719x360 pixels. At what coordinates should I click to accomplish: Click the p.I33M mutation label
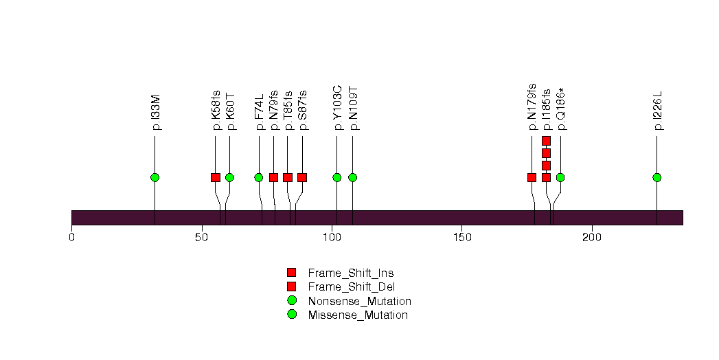coord(157,113)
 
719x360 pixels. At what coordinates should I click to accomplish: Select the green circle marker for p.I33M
coord(155,177)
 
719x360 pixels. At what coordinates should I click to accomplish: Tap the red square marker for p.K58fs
coord(216,177)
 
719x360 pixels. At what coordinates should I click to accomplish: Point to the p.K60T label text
coord(231,112)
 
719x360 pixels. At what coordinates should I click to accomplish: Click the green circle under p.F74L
coord(259,177)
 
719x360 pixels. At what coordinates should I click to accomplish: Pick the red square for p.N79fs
coord(274,177)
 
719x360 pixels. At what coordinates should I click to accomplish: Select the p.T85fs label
coord(288,111)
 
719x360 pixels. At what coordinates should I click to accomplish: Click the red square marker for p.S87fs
coord(302,177)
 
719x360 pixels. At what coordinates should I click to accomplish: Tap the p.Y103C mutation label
coord(338,108)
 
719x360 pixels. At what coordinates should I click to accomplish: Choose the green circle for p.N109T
coord(352,177)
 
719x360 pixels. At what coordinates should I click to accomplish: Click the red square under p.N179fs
coord(532,177)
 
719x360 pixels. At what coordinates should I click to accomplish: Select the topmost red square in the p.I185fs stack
coord(546,141)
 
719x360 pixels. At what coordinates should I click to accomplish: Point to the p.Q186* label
coord(562,109)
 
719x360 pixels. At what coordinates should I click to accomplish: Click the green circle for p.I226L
coord(657,177)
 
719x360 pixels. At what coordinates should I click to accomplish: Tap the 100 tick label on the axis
coord(332,238)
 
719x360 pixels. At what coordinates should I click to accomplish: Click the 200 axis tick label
coord(592,238)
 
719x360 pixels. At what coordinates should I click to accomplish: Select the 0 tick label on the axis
coord(71,238)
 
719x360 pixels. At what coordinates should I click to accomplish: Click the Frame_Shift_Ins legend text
coord(351,273)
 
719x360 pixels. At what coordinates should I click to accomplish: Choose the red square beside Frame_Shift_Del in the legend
coord(292,286)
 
